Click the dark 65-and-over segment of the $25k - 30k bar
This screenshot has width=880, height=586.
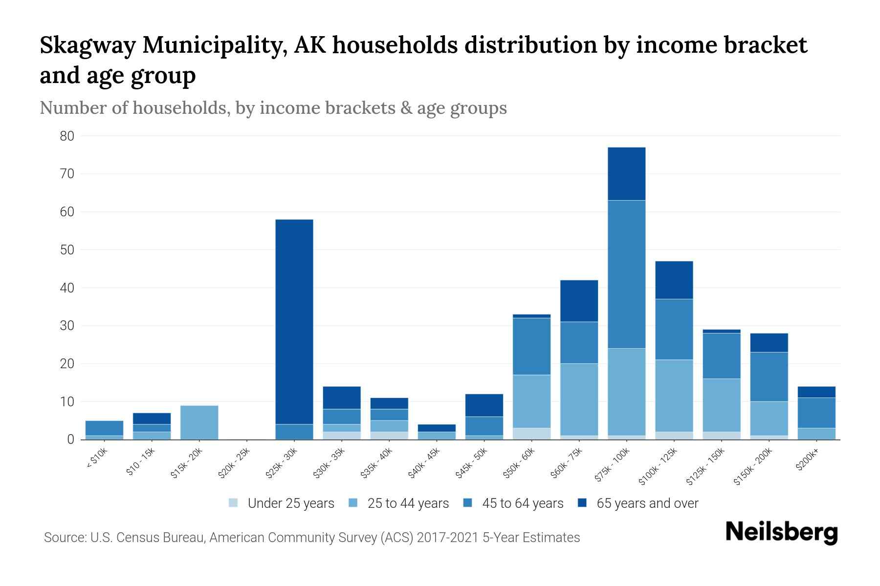coord(294,322)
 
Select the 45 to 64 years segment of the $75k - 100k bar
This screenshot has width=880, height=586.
coord(626,274)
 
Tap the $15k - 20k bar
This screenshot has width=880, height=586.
coord(199,422)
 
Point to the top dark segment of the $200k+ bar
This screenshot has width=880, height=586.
coord(816,392)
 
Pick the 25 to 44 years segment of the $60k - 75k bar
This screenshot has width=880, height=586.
coord(579,399)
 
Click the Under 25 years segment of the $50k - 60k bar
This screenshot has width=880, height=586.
coord(531,434)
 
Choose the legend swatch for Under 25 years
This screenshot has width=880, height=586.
coord(234,503)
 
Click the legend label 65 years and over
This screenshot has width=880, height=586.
coord(647,503)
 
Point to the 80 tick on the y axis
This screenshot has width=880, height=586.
coord(67,136)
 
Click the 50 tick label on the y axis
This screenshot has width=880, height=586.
coord(67,250)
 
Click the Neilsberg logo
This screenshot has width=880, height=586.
coord(781,532)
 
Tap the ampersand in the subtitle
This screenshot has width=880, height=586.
coord(405,108)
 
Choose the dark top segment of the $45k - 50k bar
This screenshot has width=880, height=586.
coord(484,405)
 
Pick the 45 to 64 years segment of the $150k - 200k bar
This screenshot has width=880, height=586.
coord(769,377)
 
